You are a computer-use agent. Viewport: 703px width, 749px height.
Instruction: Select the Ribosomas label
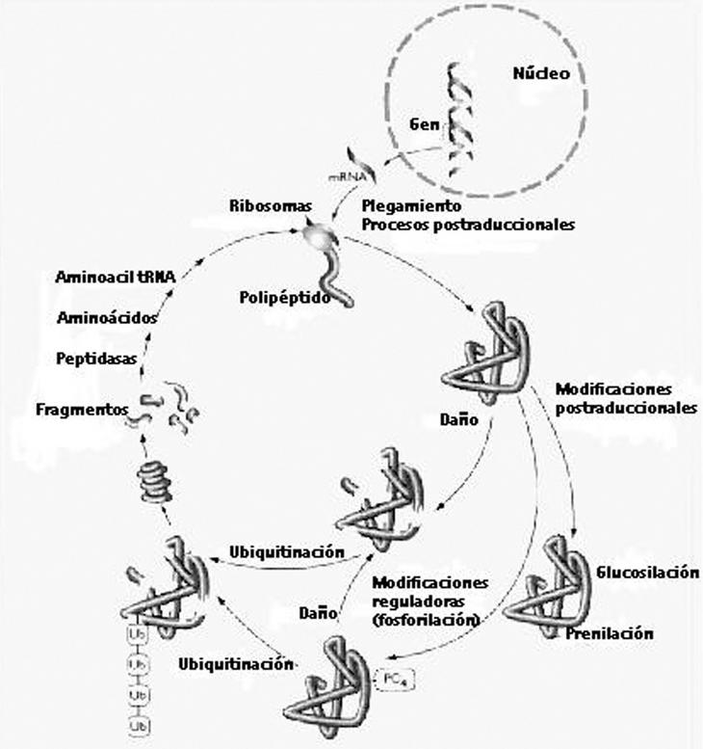[x=269, y=206]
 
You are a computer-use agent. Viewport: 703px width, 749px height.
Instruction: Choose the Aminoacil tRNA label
[x=115, y=279]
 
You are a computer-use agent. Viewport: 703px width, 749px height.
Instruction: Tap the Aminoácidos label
[x=107, y=317]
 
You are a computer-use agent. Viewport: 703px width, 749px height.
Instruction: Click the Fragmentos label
[x=79, y=409]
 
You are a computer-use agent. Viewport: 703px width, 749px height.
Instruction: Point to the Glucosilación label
[x=647, y=573]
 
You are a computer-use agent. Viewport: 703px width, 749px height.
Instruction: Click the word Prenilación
[x=610, y=633]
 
